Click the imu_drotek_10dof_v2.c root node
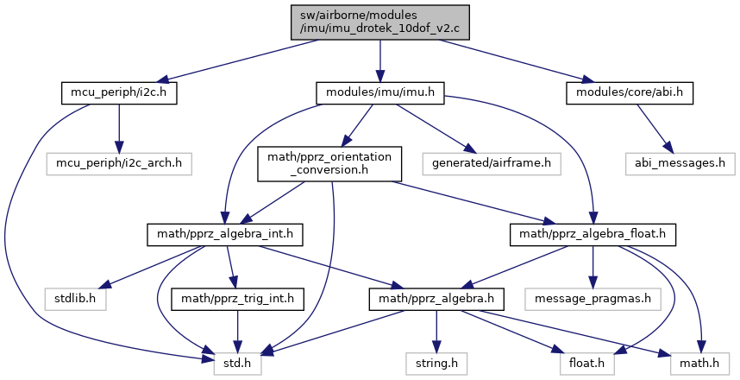(x=379, y=22)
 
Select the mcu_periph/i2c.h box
(x=119, y=92)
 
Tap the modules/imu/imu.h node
(x=379, y=92)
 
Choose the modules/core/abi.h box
(x=630, y=92)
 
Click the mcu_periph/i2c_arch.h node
(x=119, y=163)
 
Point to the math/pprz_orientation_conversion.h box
(x=329, y=163)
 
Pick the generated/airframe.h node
(x=492, y=163)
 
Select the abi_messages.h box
(x=680, y=163)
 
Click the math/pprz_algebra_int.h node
(x=224, y=234)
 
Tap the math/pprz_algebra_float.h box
(x=593, y=234)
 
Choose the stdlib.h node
(x=76, y=299)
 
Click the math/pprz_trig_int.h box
(x=237, y=299)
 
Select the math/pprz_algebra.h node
(x=436, y=299)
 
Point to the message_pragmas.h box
(x=593, y=299)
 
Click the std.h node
(x=237, y=364)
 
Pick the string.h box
(x=436, y=364)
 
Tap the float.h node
(x=587, y=364)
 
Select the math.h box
(x=699, y=364)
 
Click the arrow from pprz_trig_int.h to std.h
(x=237, y=332)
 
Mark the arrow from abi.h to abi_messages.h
(x=654, y=128)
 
